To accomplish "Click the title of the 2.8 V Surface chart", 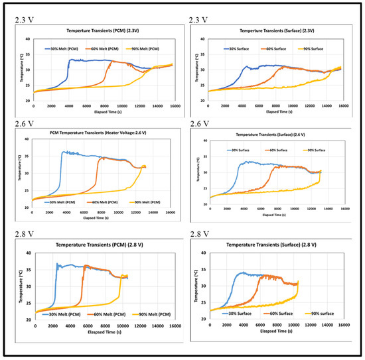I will coord(277,246).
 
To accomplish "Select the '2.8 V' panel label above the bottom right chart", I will coord(200,235).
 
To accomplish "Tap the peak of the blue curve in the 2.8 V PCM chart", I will coord(58,264).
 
